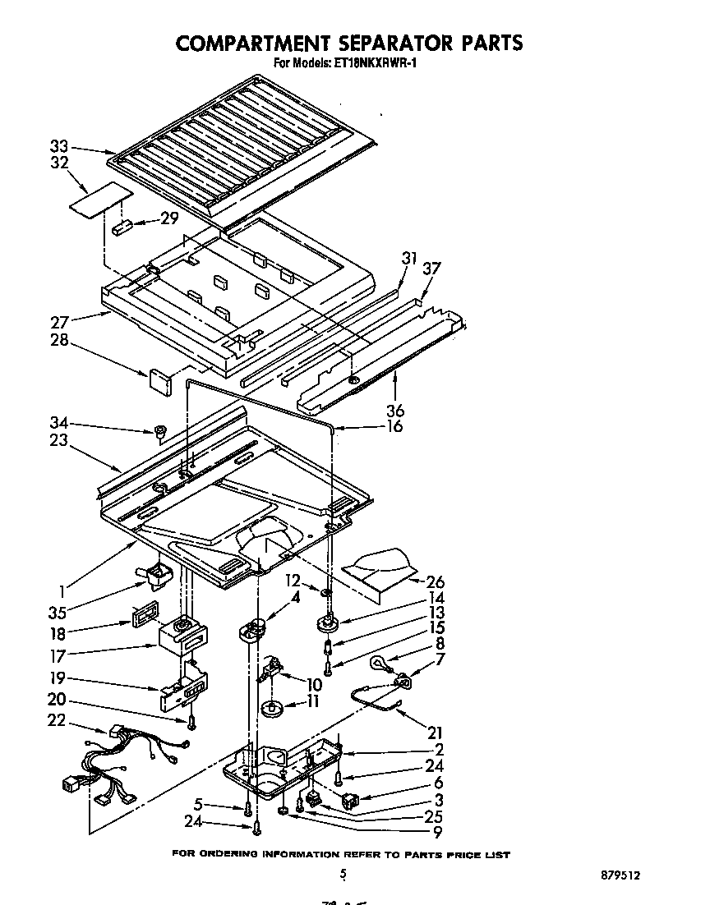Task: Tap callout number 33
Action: point(58,146)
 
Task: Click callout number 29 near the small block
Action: point(169,218)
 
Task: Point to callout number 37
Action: point(432,269)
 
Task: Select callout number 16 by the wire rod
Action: point(394,426)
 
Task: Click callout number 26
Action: point(436,581)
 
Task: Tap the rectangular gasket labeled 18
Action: point(145,617)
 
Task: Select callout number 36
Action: point(394,410)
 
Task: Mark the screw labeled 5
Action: point(247,810)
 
